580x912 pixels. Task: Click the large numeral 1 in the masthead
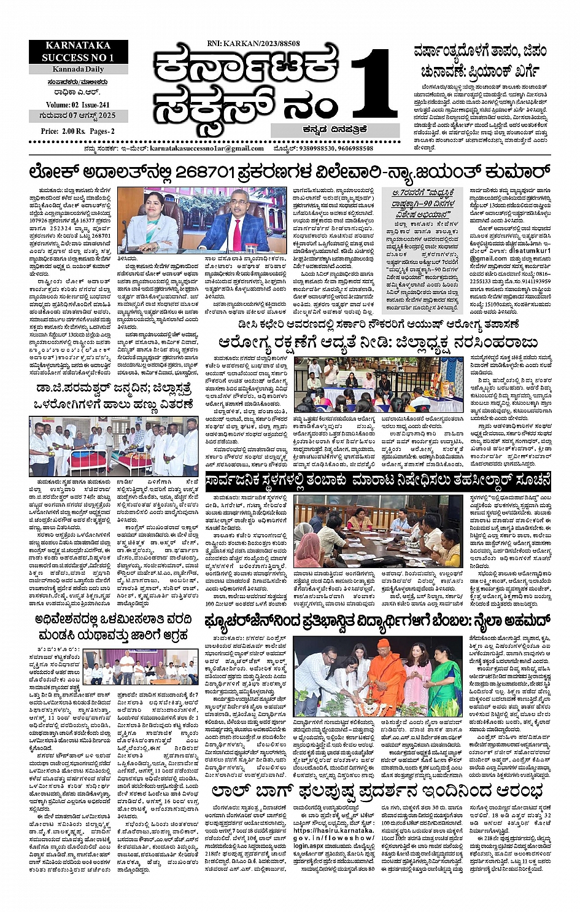click(368, 87)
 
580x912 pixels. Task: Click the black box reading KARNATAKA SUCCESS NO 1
click(78, 52)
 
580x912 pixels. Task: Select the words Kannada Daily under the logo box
click(77, 69)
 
